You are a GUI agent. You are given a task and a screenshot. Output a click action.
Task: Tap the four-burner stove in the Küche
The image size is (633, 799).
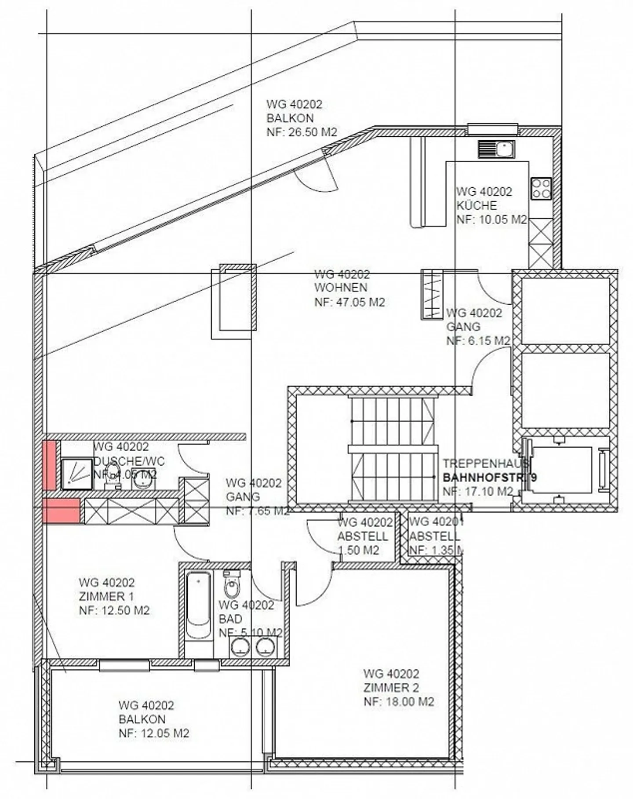[x=541, y=188]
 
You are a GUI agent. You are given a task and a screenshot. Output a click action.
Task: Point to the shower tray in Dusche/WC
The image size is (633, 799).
[x=76, y=474]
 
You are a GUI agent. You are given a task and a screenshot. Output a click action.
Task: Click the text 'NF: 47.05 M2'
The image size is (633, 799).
[x=349, y=302]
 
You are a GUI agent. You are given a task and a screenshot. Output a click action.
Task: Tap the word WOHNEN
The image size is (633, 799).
[x=341, y=288]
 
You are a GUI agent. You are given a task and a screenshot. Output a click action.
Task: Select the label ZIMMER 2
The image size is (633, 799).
[x=391, y=687]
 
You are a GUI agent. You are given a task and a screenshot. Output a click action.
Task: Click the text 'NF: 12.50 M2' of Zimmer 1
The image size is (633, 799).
[x=114, y=610]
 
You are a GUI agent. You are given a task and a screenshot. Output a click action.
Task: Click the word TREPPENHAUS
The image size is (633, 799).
[x=485, y=463]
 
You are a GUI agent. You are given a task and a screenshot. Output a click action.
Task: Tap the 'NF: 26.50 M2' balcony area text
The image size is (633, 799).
[x=302, y=132]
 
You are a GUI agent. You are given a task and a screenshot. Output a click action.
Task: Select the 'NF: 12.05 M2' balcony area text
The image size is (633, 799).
[x=154, y=733]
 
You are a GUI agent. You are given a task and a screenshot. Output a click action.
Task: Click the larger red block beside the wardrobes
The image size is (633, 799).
[x=61, y=511]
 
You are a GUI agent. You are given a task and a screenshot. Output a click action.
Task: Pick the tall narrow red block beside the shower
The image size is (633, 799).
[x=49, y=465]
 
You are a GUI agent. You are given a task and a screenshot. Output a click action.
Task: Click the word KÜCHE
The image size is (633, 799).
[x=477, y=205]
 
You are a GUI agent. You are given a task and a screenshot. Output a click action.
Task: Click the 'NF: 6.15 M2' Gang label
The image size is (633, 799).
[x=478, y=341]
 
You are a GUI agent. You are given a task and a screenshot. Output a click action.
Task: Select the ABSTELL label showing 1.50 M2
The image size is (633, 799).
[x=363, y=536]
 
